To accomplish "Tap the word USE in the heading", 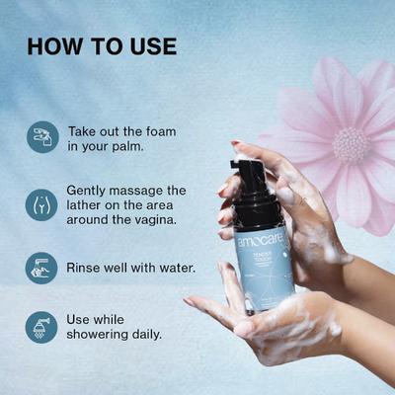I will [151, 46].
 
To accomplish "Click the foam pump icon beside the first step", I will [41, 137].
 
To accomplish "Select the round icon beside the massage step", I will [41, 204].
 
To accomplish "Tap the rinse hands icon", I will [41, 268].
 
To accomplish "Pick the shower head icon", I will [41, 326].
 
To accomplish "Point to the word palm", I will [128, 147].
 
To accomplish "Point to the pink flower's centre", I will [351, 144].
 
